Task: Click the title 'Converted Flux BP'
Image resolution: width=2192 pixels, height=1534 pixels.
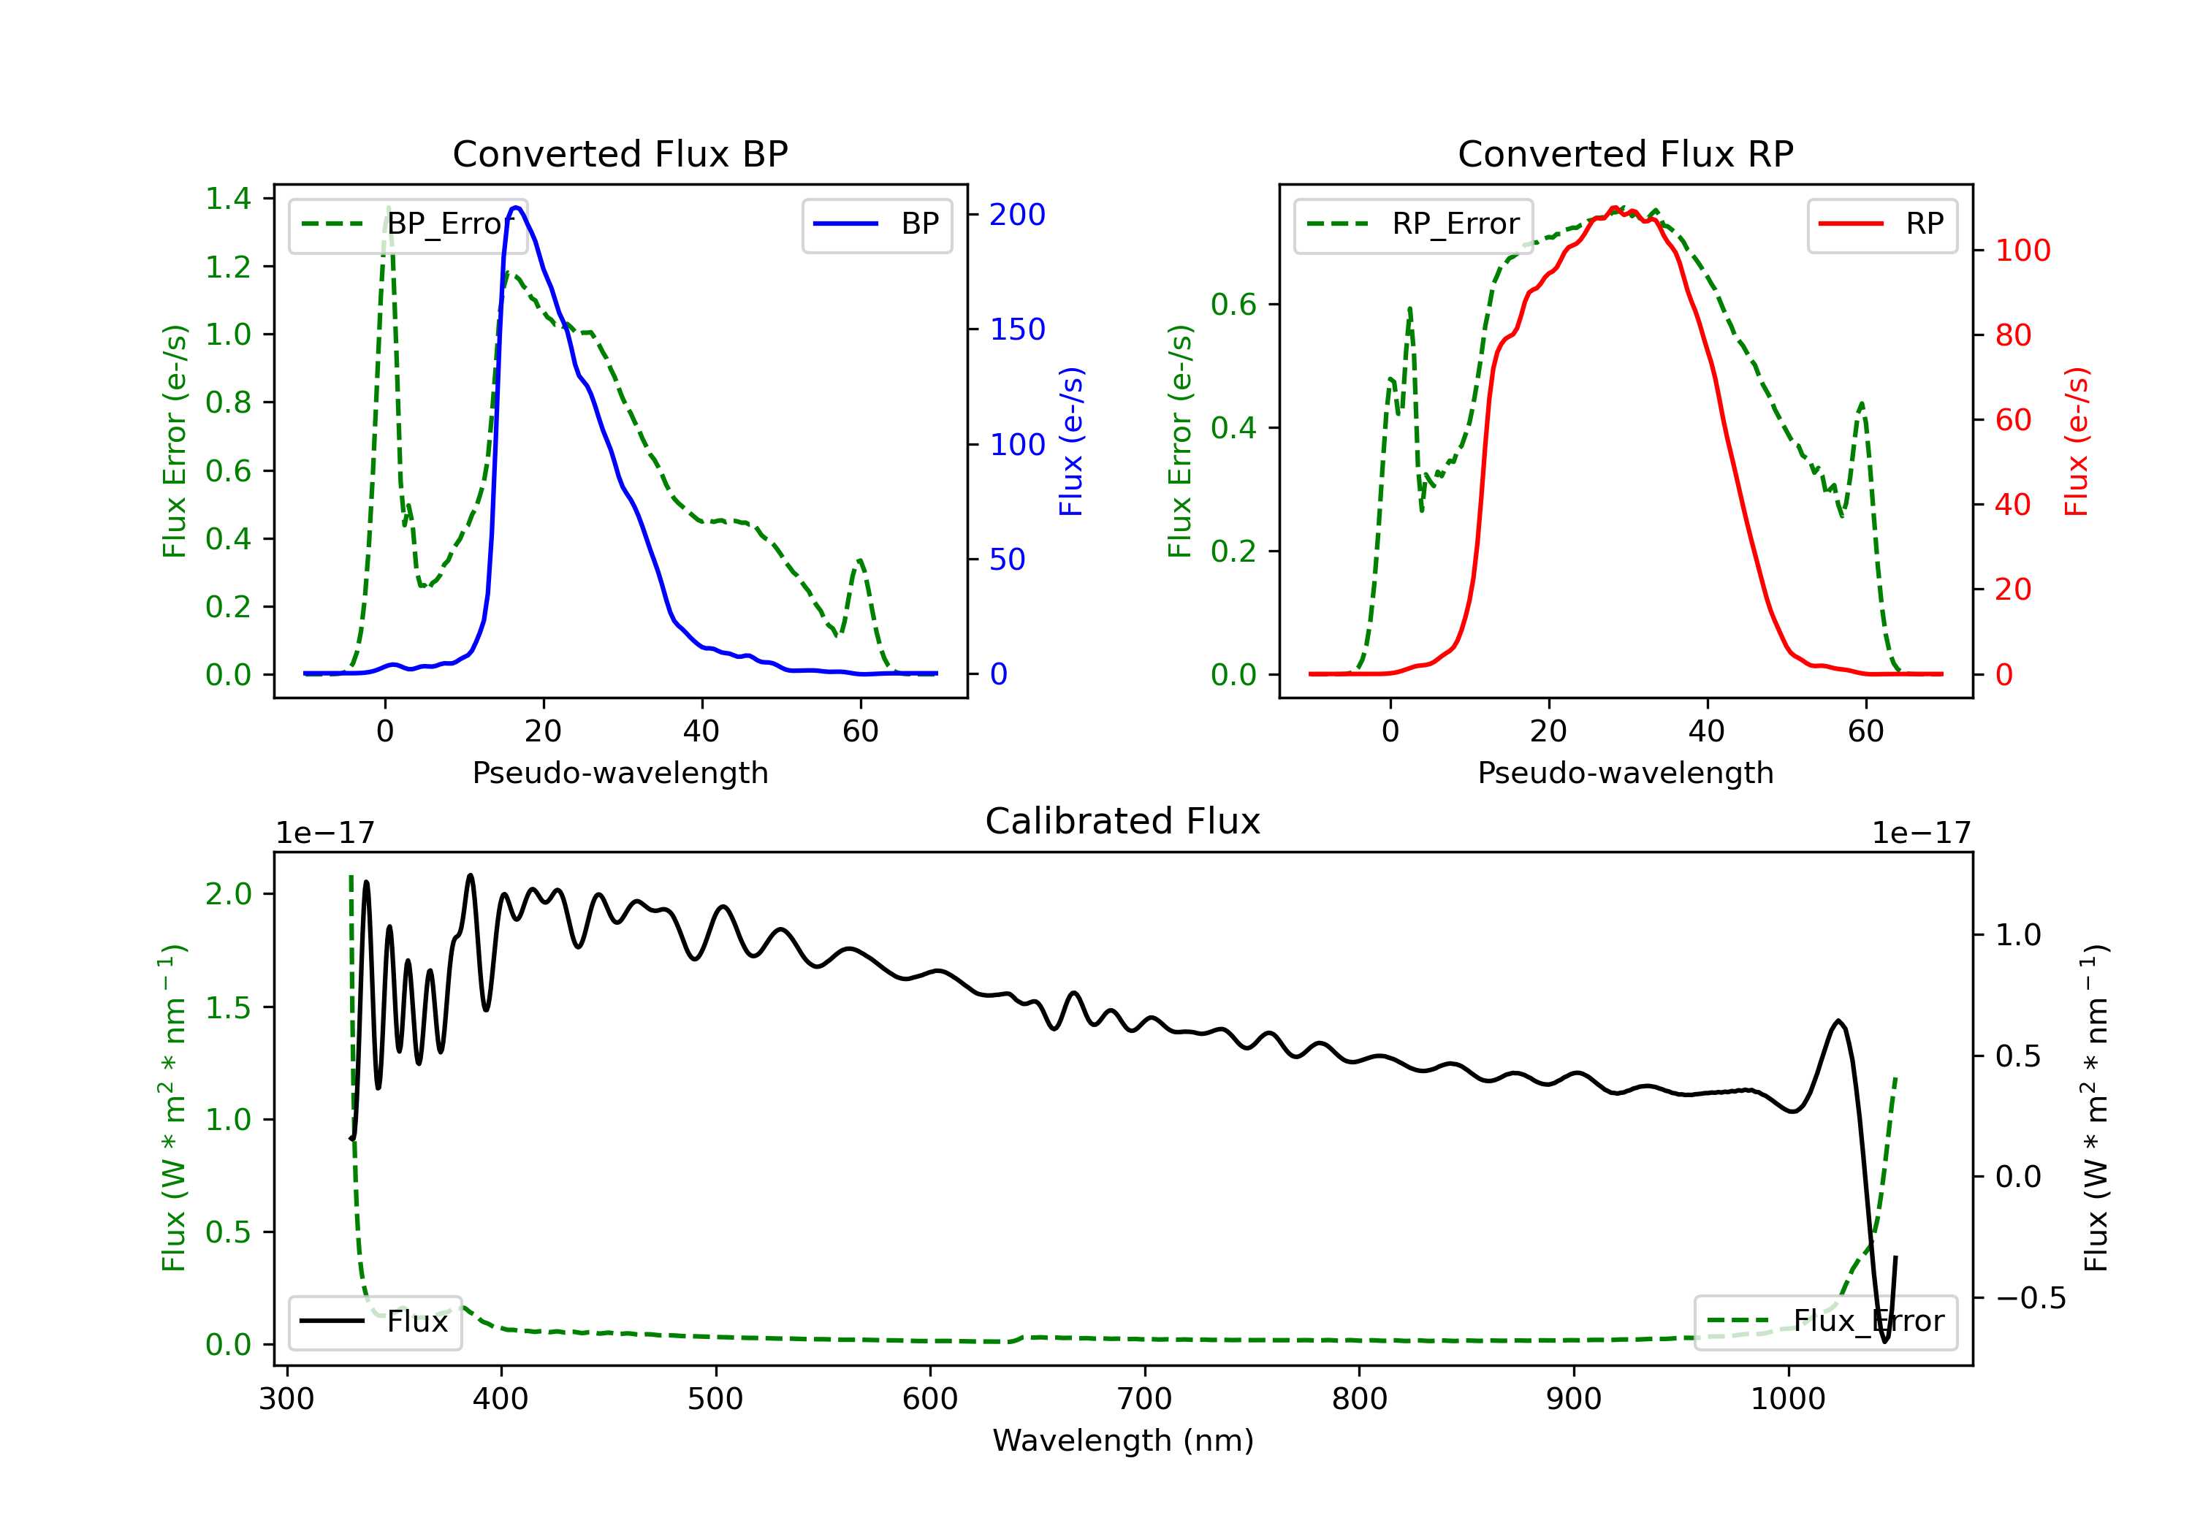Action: [x=620, y=153]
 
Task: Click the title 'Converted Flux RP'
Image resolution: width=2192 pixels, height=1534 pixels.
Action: [x=1625, y=153]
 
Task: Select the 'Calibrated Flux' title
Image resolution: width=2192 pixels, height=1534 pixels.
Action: [x=1123, y=821]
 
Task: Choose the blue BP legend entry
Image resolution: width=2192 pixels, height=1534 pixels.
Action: [x=876, y=224]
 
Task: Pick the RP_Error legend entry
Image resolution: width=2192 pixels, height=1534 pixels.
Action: [x=1413, y=224]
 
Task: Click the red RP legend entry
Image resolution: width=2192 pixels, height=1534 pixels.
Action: [x=1881, y=224]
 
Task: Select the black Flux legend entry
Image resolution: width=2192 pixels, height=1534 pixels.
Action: [x=374, y=1321]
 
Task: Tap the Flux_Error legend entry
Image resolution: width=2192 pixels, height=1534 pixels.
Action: [x=1825, y=1321]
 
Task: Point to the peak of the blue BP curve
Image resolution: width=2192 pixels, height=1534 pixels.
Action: [x=516, y=207]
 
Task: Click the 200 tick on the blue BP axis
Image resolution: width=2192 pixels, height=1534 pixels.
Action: [x=1017, y=215]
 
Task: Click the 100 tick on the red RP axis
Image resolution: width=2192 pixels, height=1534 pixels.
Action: [x=2022, y=251]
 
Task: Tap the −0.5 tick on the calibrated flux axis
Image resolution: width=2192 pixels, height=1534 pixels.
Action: [x=2030, y=1298]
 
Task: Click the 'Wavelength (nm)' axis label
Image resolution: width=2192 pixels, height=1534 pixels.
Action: [x=1123, y=1440]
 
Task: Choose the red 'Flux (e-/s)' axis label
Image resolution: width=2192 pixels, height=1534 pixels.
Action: [x=2077, y=442]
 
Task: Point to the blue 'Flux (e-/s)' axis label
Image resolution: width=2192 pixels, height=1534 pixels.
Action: [x=1071, y=442]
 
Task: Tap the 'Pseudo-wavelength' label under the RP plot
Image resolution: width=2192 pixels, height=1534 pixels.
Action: [x=1625, y=773]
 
